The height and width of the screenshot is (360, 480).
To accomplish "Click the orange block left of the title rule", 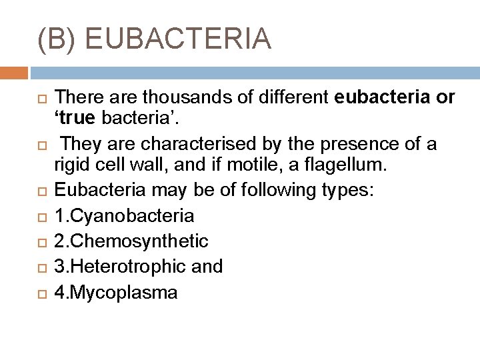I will click(13, 73).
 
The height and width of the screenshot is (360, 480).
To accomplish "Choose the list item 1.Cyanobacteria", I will click(125, 215).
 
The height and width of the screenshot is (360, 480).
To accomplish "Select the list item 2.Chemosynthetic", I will click(131, 241).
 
